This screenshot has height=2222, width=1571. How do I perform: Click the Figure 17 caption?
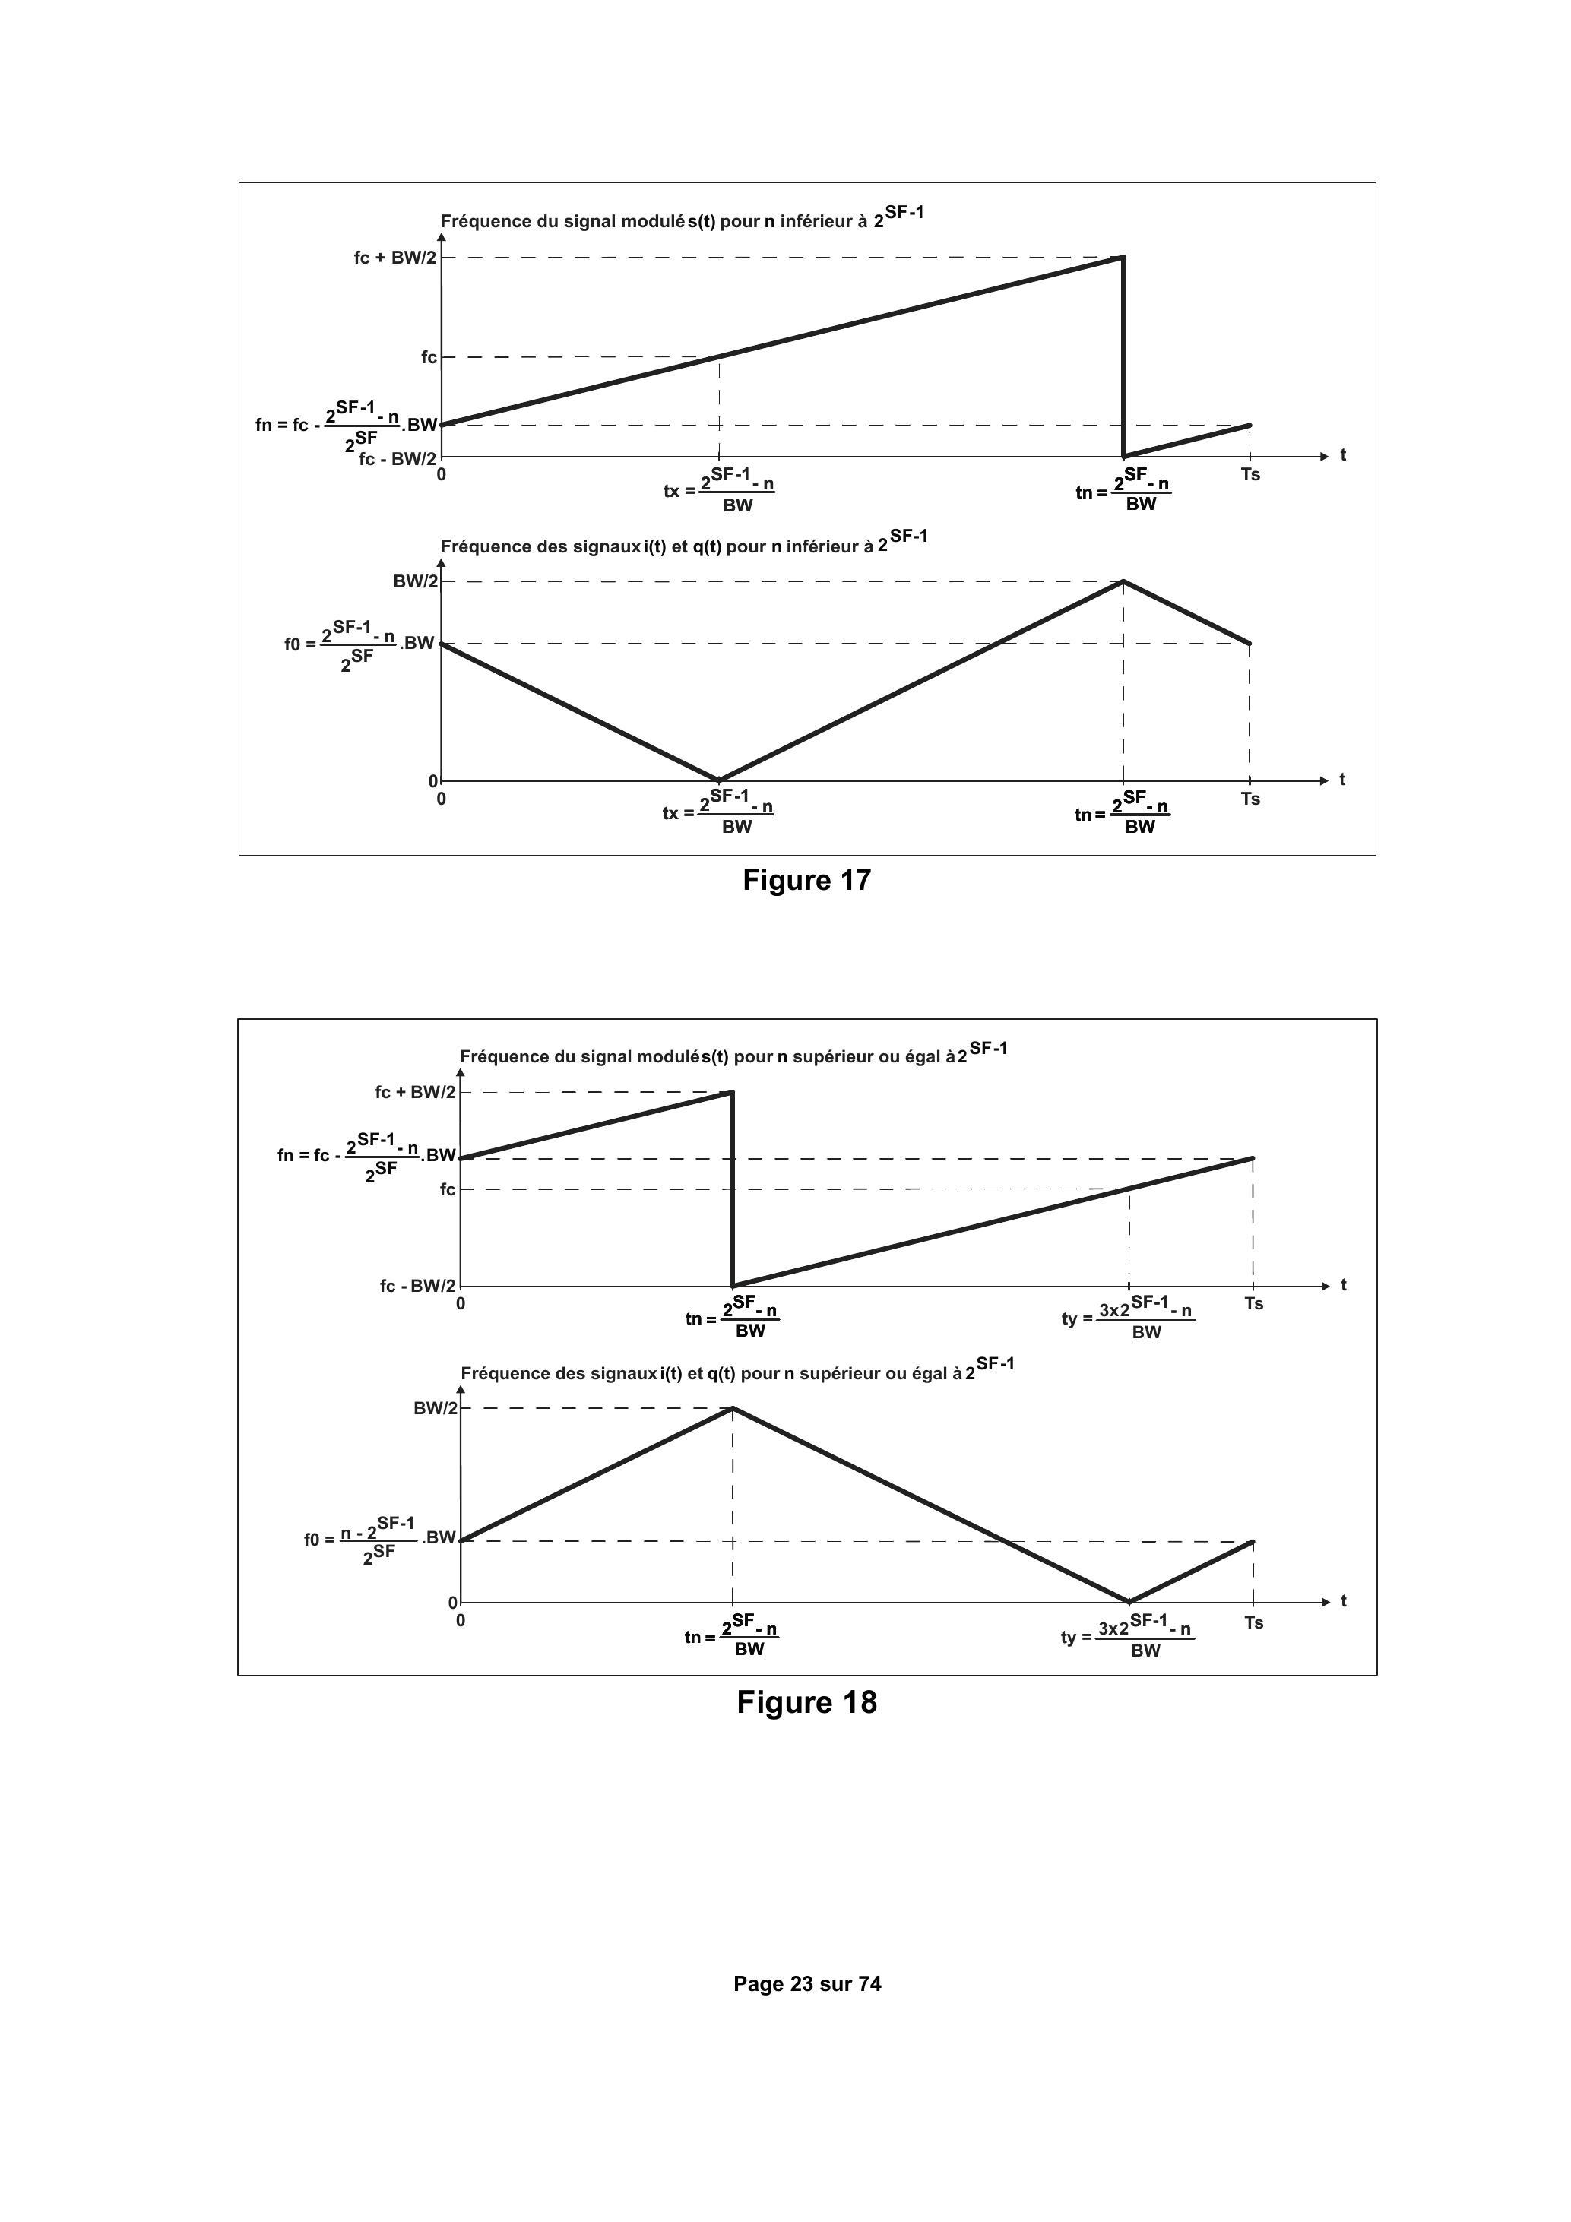coord(806,880)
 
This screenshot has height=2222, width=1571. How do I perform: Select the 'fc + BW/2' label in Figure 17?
coord(395,258)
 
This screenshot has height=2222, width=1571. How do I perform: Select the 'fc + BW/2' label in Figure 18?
coord(415,1093)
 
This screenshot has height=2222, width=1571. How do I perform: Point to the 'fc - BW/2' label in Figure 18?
coord(417,1287)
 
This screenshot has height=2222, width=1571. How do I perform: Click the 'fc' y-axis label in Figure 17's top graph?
coord(429,358)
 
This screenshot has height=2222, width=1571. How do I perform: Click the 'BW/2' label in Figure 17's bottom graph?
coord(415,581)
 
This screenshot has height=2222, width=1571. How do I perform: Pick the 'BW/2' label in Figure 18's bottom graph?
coord(436,1408)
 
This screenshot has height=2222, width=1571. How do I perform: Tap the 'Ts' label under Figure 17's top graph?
coord(1250,475)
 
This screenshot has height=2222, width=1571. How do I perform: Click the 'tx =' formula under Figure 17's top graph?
coord(719,491)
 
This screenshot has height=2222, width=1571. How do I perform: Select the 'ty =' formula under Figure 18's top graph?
coord(1128,1317)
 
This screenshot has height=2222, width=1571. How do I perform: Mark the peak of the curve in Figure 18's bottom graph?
coord(733,1408)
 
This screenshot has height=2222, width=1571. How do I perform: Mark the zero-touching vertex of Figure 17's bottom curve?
coord(718,780)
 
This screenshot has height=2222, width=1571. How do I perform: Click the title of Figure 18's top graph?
coord(733,1054)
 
